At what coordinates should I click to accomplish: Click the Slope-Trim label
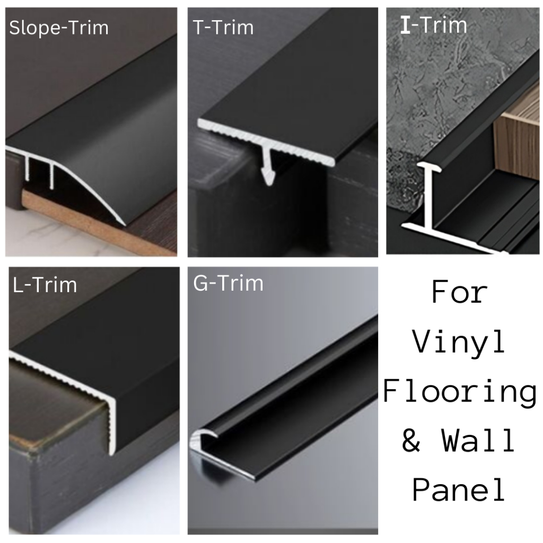[59, 28]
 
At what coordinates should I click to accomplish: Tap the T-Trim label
[223, 28]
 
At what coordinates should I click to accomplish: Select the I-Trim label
[433, 25]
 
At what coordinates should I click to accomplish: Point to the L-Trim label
[45, 285]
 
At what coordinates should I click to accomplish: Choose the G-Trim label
[228, 284]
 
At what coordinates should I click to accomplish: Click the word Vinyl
[459, 343]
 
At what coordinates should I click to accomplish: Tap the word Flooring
[459, 392]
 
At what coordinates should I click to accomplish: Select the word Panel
[459, 490]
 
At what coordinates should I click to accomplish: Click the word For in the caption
[459, 293]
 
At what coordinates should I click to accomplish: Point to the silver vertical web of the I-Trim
[428, 196]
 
